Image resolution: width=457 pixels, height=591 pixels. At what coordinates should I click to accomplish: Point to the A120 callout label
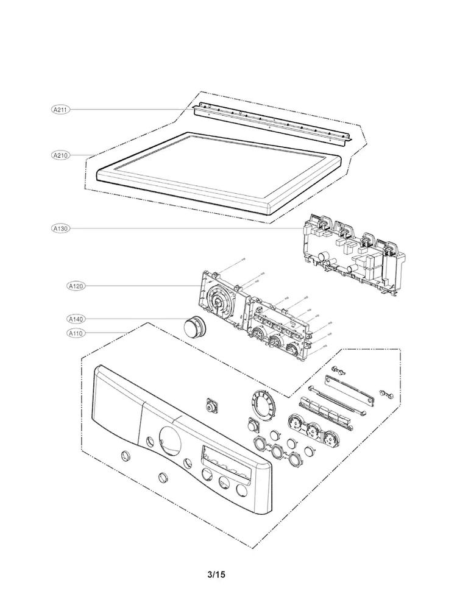coord(76,285)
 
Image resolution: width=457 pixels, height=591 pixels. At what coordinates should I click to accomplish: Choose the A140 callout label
coord(76,319)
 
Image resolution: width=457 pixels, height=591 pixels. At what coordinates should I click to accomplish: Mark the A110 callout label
coord(76,333)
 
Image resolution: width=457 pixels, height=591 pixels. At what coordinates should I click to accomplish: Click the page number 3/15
coord(216,575)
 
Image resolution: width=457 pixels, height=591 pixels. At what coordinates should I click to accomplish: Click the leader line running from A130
coord(183,228)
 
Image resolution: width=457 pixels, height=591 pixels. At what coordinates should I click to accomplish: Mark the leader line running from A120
coord(146,285)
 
